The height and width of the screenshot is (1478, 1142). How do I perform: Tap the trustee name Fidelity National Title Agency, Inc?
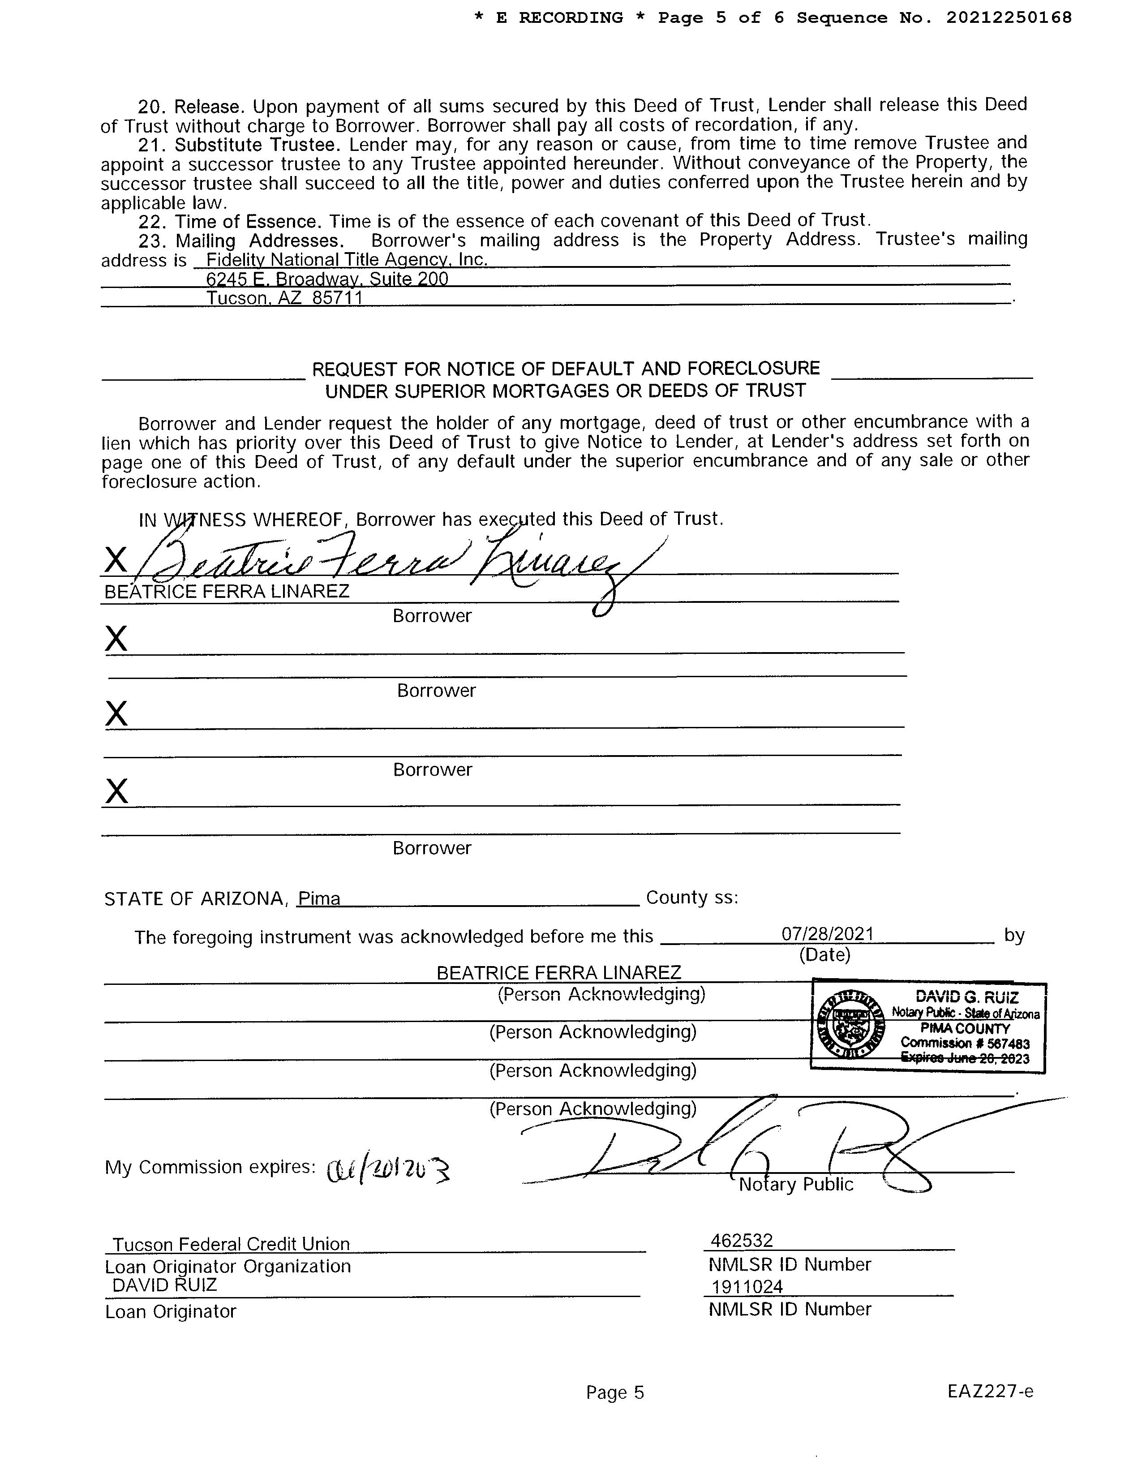pos(346,259)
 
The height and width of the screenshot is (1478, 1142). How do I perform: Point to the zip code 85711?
pos(338,298)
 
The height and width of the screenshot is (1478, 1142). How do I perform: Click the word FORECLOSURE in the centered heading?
pos(753,369)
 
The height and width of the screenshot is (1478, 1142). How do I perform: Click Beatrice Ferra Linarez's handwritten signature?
pos(386,561)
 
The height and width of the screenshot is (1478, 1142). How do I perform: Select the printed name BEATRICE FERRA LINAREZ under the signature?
pos(227,592)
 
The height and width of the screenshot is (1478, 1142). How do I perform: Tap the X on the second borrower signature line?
pos(116,638)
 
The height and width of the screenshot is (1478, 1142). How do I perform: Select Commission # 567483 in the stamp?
pos(965,1043)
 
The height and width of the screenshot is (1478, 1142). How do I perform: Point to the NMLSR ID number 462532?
pos(742,1241)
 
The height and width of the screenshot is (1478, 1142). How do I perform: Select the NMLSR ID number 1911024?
pos(747,1286)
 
